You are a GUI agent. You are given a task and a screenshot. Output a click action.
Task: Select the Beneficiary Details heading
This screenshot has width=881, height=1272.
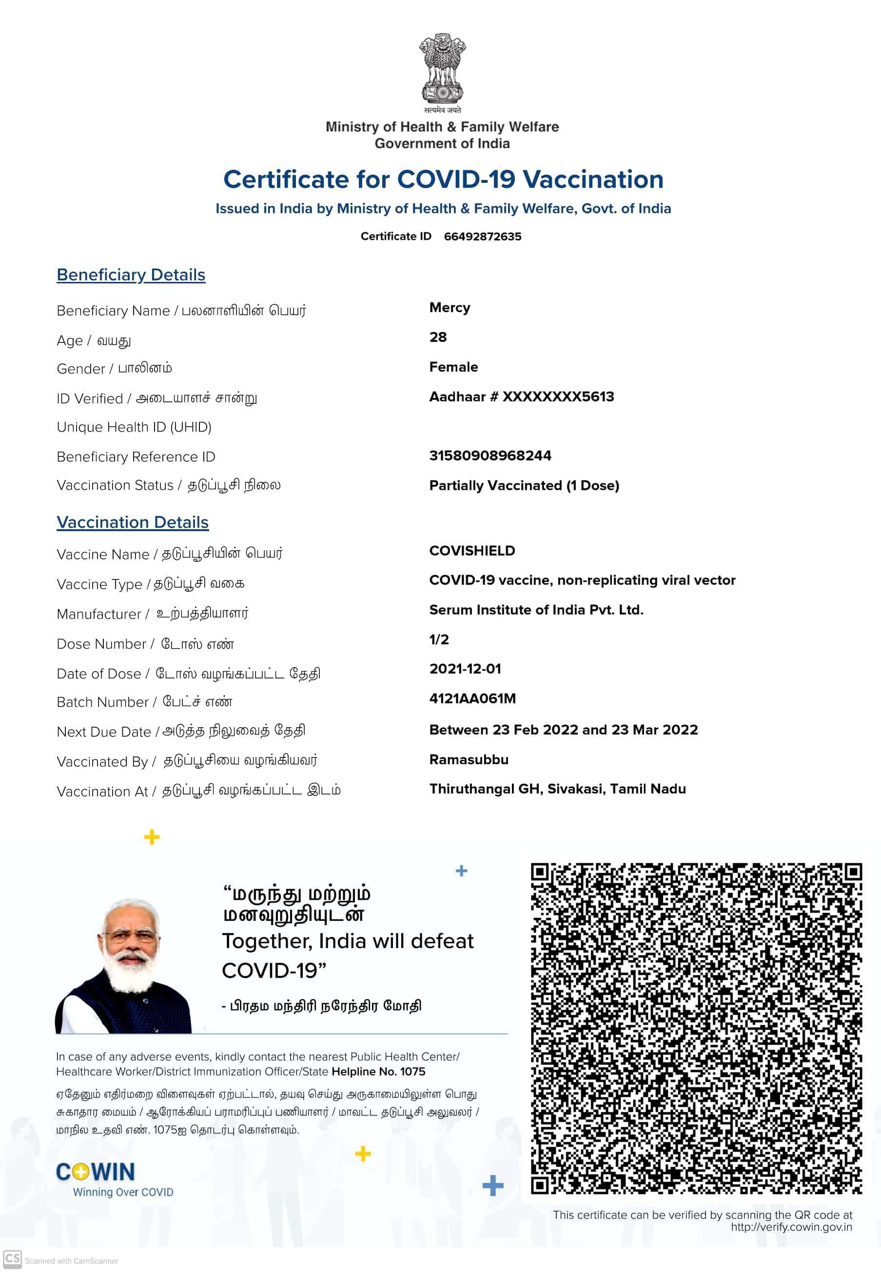[131, 275]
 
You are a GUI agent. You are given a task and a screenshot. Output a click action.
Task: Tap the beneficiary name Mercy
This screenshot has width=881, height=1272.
[450, 307]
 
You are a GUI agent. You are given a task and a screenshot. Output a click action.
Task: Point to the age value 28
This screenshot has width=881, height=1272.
[438, 338]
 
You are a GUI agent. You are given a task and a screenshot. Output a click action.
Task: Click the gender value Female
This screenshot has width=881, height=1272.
[453, 367]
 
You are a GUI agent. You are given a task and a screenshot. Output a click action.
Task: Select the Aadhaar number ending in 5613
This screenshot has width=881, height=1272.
[521, 397]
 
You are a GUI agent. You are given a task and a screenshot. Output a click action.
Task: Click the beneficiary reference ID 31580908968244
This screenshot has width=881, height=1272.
[490, 456]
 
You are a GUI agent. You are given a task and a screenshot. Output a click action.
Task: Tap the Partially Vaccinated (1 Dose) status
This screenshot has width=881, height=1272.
[524, 486]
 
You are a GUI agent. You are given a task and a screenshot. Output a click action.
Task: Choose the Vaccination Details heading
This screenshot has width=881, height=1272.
[133, 522]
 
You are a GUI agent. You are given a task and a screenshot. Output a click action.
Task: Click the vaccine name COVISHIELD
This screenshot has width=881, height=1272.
[472, 551]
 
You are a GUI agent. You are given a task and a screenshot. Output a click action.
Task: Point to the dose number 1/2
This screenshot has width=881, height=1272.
[439, 640]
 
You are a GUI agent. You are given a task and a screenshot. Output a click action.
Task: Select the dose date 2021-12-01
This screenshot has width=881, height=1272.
[465, 669]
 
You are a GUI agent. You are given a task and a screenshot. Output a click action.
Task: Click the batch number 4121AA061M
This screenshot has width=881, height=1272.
[472, 699]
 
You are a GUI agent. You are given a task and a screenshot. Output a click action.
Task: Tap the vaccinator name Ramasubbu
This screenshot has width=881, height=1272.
[469, 760]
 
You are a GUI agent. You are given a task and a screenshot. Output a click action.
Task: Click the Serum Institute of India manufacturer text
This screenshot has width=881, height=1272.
[536, 610]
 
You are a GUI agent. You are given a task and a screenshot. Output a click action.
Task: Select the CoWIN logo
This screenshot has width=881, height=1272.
[96, 1172]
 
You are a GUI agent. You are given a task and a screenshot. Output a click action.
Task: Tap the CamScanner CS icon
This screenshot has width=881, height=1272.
[12, 1259]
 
